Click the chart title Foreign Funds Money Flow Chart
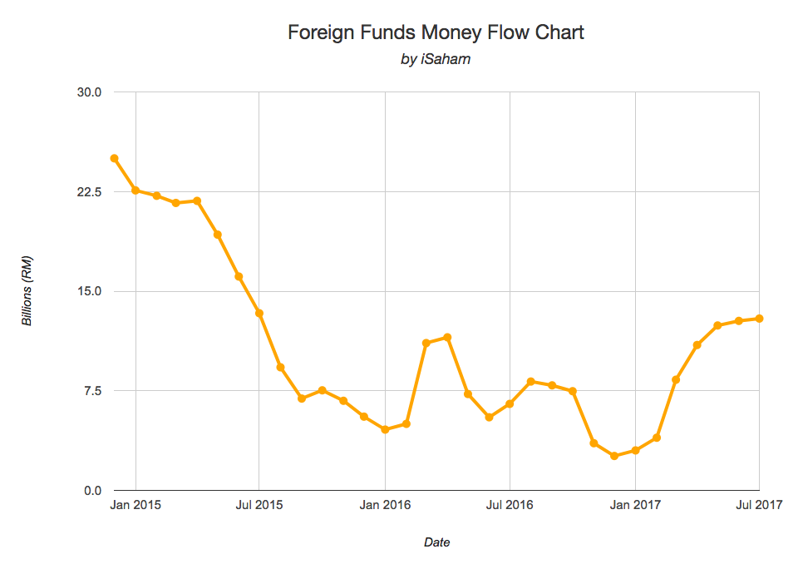pos(436,32)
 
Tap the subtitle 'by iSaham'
pos(436,60)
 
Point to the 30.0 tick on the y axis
pos(89,92)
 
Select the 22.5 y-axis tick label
pos(89,191)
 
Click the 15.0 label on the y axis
pos(89,291)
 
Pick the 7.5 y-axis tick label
pos(91,390)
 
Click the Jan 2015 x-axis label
pos(135,505)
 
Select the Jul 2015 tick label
pos(259,505)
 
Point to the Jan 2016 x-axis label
pos(385,505)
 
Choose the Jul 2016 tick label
pos(510,505)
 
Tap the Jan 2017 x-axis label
pos(635,505)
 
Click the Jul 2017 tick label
pos(759,505)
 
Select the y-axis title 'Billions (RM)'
pos(27,291)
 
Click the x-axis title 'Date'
pos(436,542)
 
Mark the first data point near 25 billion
pos(114,158)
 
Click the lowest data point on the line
pos(614,456)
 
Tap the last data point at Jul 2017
pos(759,319)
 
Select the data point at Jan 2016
pos(385,429)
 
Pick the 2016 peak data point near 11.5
pos(447,337)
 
